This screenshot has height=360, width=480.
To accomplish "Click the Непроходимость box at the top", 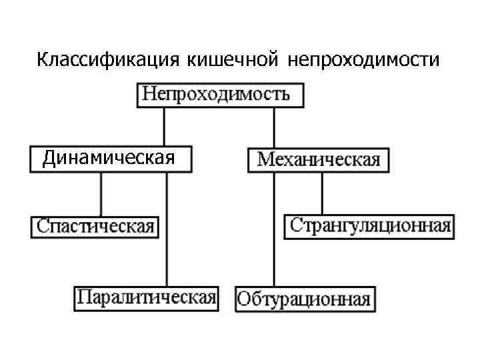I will [x=220, y=94].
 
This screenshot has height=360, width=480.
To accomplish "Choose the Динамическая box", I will [x=110, y=159].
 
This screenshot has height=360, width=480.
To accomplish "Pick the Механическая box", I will [x=318, y=160].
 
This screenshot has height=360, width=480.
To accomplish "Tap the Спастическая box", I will [x=95, y=226].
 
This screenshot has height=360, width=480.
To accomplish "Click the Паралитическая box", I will [x=146, y=297].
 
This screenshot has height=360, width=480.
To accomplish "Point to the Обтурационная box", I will [x=304, y=298].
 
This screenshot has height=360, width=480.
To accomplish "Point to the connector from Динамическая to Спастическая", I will [x=101, y=193].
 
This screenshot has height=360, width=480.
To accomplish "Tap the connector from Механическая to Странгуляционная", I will [x=322, y=193].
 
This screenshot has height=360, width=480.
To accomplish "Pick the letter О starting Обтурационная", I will [x=244, y=299].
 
